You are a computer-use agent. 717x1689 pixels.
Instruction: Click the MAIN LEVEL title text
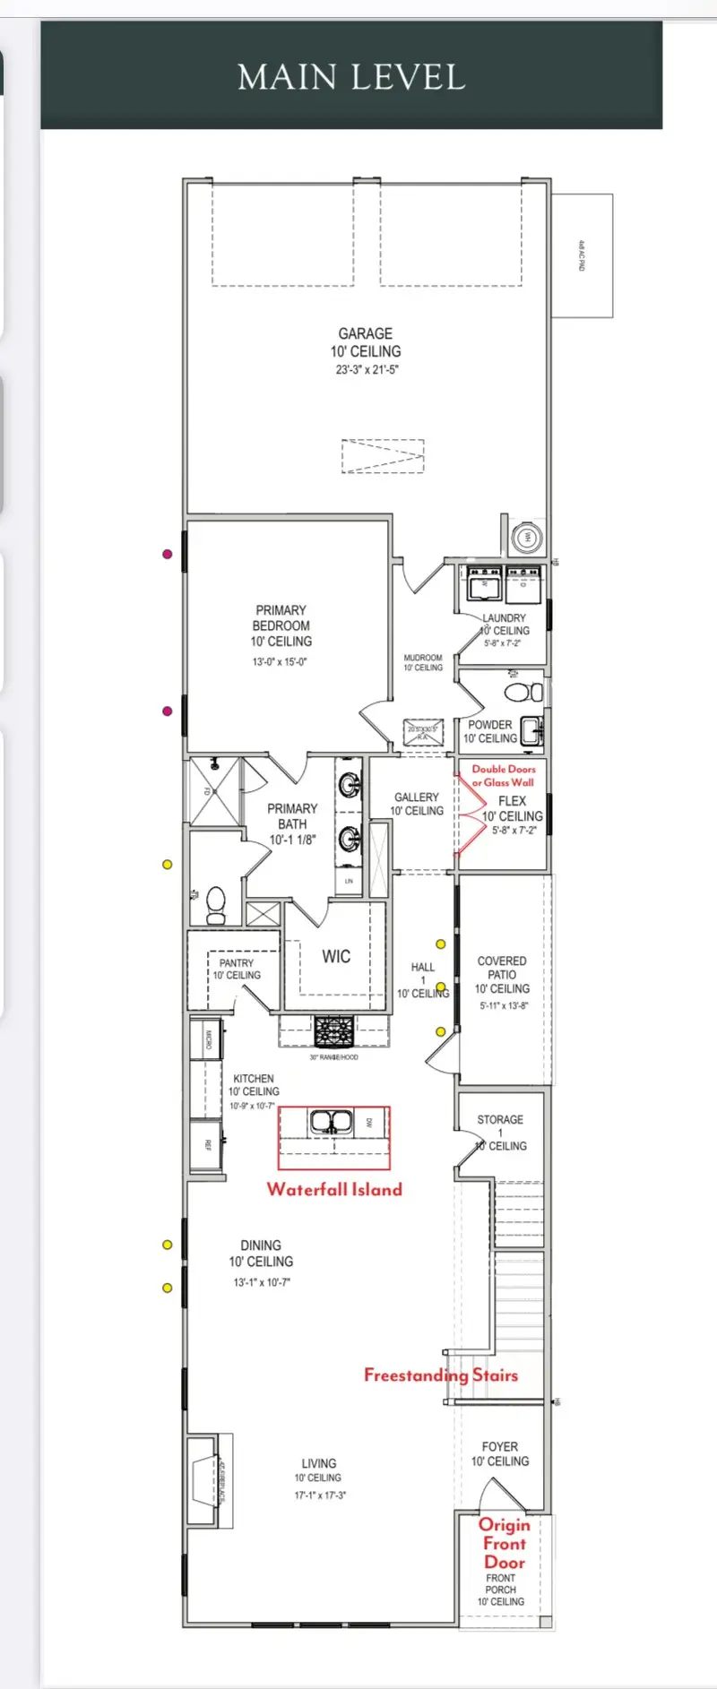click(x=351, y=77)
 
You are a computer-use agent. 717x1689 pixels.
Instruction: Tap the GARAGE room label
click(x=365, y=333)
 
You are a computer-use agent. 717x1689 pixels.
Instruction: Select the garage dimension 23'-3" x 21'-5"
click(x=367, y=370)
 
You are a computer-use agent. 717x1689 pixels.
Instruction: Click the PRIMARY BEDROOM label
click(x=281, y=618)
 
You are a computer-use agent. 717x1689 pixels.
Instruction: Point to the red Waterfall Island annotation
click(x=334, y=1190)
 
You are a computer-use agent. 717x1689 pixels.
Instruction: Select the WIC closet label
click(x=336, y=957)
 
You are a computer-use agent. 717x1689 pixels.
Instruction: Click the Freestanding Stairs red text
click(x=440, y=1375)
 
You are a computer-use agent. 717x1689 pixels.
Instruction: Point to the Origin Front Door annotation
click(x=504, y=1543)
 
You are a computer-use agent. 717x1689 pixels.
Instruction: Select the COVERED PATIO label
click(x=502, y=968)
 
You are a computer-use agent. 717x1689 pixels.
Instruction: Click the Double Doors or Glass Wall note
click(x=503, y=775)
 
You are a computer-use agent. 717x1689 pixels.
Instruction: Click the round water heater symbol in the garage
click(x=527, y=538)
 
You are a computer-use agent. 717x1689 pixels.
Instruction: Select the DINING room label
click(x=261, y=1245)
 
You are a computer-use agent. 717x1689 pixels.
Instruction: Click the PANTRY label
click(x=237, y=963)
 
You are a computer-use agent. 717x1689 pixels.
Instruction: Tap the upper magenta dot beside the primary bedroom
click(x=167, y=554)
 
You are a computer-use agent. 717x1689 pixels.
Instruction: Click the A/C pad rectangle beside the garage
click(x=582, y=255)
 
